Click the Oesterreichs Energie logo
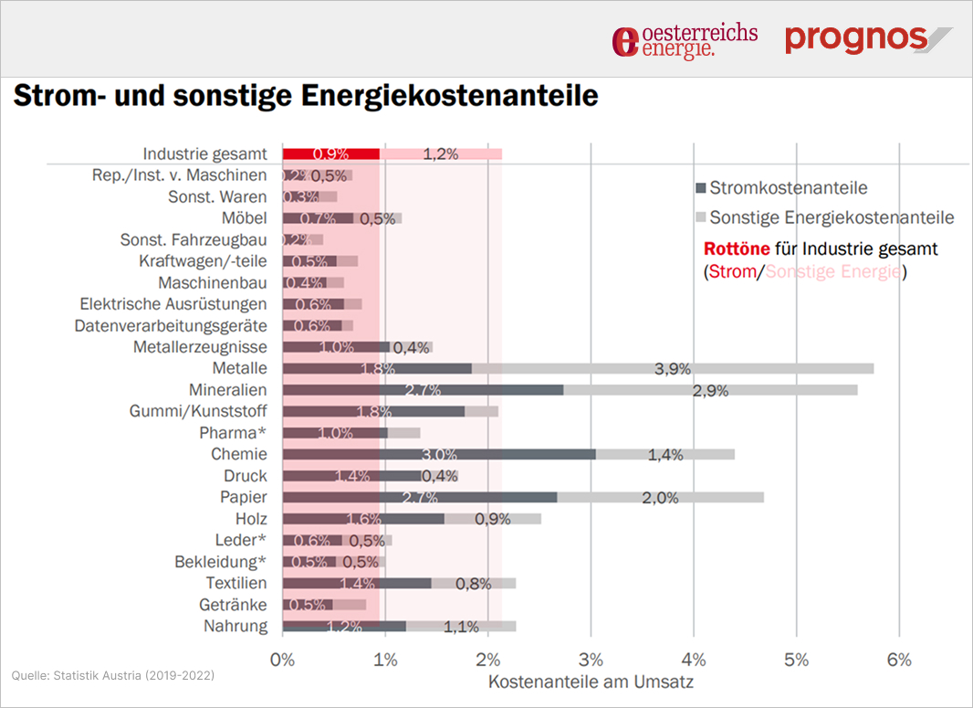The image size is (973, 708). point(685,40)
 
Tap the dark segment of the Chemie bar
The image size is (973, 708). point(487,454)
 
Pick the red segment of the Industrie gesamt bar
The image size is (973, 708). point(330,153)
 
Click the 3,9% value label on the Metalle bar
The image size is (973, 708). point(673,369)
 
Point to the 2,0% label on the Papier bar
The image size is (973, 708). point(661,498)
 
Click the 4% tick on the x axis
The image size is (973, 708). point(694,660)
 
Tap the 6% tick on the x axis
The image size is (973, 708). point(899,660)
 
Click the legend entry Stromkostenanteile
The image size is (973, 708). point(788,188)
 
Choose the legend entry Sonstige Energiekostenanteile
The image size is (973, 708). point(832,217)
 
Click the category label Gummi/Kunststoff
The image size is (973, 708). point(198,411)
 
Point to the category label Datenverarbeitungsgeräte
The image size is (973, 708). point(171,325)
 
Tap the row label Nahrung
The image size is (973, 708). point(236,626)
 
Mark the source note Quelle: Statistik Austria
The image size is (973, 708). point(113,675)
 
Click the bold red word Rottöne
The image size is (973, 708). point(738,248)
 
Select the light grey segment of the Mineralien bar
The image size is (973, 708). point(710,390)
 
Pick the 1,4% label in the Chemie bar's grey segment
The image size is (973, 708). point(665,455)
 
